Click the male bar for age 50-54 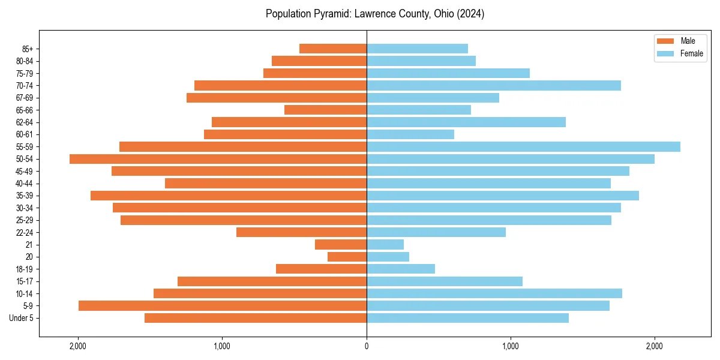218,159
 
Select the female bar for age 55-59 523,146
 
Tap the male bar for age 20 347,257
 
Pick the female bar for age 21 385,245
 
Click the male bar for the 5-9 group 223,306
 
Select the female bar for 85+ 417,49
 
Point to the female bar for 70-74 494,86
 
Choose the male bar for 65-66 325,110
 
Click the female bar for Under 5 467,318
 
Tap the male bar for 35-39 229,196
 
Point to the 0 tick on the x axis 367,346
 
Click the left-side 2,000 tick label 78,346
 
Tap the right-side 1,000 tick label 511,346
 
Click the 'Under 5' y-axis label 22,318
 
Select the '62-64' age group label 25,122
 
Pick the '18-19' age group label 25,269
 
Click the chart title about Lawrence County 375,14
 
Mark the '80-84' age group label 25,61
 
